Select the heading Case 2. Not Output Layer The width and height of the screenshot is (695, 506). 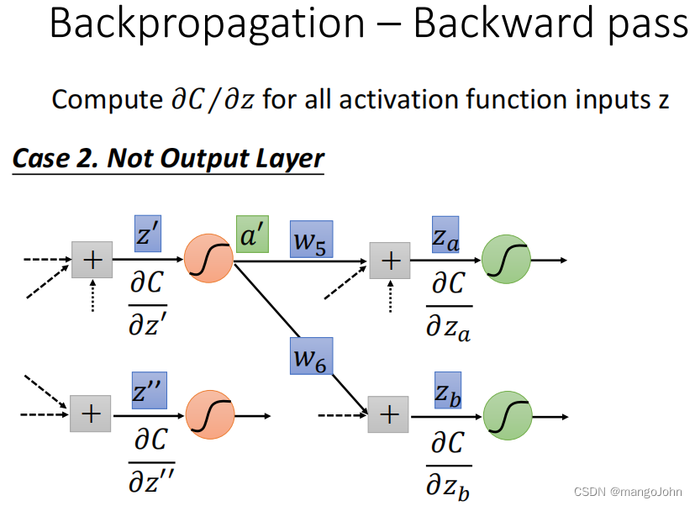(x=168, y=158)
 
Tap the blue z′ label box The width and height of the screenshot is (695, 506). (x=147, y=235)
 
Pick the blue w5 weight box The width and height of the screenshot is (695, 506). (x=311, y=240)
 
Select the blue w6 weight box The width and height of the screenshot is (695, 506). (x=311, y=356)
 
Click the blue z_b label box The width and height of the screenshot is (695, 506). (x=447, y=390)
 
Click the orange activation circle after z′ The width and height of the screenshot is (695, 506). (x=208, y=260)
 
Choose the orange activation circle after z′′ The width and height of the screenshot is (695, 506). (x=208, y=415)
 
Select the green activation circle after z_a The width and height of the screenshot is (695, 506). (x=507, y=260)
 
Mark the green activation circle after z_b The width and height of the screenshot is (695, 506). (x=507, y=415)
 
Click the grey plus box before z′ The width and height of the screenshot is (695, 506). (x=92, y=261)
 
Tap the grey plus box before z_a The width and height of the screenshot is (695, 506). (x=390, y=261)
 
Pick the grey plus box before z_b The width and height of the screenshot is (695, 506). (x=388, y=415)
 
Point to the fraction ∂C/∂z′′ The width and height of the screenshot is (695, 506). (x=152, y=461)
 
